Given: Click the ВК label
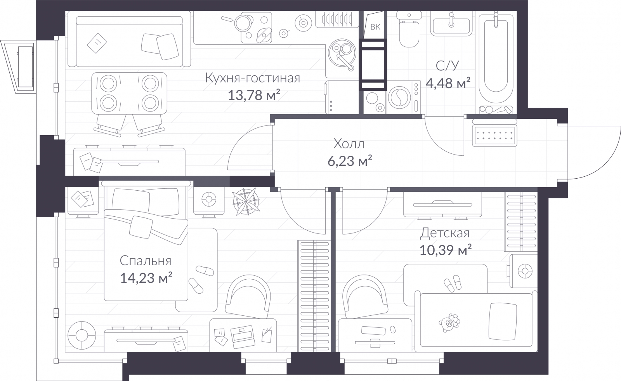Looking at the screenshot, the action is (x=375, y=27).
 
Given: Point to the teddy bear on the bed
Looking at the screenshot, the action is (x=449, y=323).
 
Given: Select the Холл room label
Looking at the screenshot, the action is (x=349, y=144).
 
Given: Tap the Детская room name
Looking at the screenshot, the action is (x=444, y=233).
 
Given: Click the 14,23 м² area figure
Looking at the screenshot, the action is (x=146, y=277).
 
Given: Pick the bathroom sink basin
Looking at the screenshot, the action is (x=451, y=25).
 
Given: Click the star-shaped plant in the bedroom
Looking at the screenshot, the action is (x=246, y=202).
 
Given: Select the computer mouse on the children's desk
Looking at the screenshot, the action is (x=392, y=329).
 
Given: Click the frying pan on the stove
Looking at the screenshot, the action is (x=240, y=22).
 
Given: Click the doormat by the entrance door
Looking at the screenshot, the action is (x=494, y=136).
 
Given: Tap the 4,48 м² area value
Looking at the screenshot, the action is (x=448, y=83).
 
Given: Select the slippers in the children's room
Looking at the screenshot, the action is (x=453, y=283).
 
